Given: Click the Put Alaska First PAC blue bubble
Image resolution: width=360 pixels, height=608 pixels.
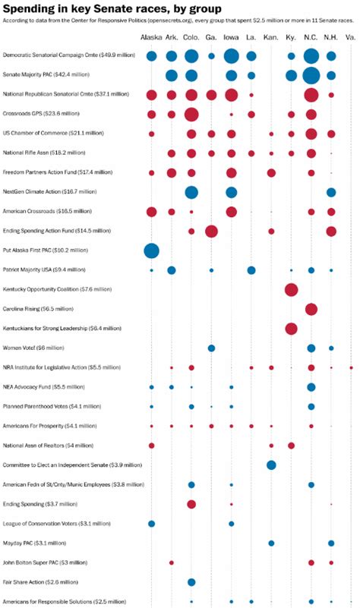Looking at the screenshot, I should (151, 250).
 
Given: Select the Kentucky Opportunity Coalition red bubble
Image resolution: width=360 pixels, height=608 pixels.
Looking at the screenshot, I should (291, 289).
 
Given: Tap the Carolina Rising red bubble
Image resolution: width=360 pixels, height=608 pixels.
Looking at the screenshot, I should (311, 309).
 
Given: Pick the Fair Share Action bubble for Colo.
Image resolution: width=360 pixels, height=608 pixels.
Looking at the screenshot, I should (191, 582).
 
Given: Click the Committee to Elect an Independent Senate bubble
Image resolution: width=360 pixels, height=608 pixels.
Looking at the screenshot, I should (271, 465).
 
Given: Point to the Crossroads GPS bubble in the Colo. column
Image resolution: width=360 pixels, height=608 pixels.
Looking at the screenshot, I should (191, 114).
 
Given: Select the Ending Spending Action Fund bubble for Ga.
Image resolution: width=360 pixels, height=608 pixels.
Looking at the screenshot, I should (211, 231).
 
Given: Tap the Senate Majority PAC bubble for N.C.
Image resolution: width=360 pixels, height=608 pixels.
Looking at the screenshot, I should (311, 75).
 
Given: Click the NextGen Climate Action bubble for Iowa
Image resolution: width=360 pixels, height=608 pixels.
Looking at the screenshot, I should (231, 192).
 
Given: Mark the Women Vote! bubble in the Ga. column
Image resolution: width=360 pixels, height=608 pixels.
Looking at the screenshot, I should (211, 348).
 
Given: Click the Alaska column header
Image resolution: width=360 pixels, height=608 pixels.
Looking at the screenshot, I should (151, 37).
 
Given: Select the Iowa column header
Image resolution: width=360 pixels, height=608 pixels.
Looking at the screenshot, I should (231, 37).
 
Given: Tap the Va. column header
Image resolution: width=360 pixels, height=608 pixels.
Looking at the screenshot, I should (350, 37).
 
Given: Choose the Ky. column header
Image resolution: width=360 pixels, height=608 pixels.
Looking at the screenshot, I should (291, 37).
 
